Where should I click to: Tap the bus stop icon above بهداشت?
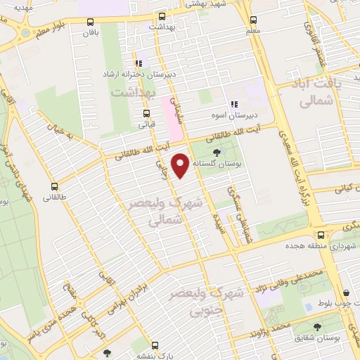[162, 15]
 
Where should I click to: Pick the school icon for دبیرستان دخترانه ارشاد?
[139, 63]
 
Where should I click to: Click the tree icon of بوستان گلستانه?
[216, 153]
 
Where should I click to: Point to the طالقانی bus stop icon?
[54, 187]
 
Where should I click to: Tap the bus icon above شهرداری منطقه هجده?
[321, 235]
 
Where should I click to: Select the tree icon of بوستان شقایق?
[318, 327]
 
